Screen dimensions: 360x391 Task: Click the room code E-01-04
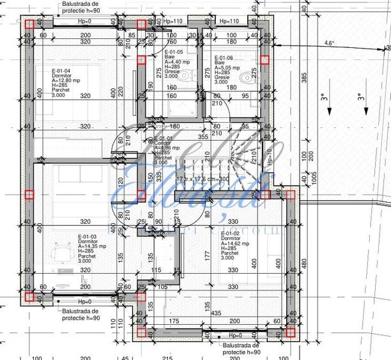coord(61,71)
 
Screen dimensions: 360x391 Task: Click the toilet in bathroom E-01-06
coord(245,77)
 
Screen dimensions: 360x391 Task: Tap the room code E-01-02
coord(231,233)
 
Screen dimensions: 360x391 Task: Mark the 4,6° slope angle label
coord(329,43)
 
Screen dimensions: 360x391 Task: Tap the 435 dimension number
coord(217,312)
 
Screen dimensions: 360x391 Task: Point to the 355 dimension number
coord(203,136)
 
